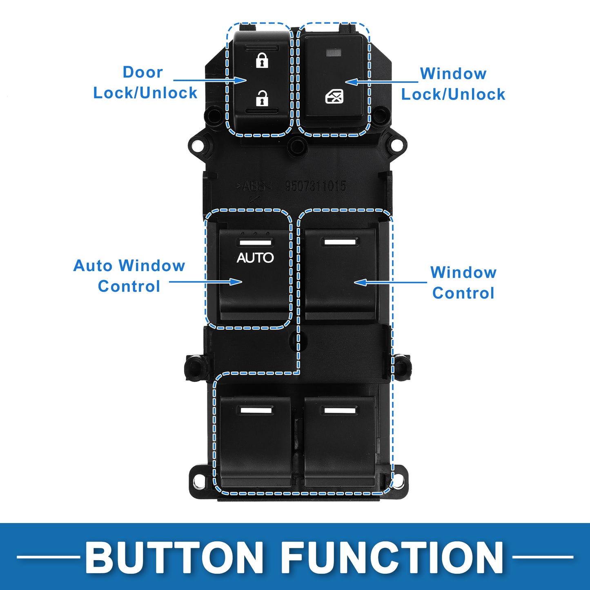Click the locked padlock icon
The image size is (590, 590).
(x=262, y=60)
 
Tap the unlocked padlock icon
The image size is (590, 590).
(x=262, y=98)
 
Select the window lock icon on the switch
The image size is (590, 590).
(x=334, y=97)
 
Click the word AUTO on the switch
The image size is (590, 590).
(x=255, y=258)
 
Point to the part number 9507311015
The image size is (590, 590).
(x=315, y=186)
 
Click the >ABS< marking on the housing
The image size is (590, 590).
(x=254, y=187)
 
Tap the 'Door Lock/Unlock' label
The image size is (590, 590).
(x=145, y=82)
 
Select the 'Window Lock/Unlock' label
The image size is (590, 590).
(x=453, y=84)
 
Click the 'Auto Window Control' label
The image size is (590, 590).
(x=129, y=276)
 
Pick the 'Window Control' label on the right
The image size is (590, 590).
(x=463, y=283)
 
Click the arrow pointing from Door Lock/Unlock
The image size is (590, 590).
(x=210, y=80)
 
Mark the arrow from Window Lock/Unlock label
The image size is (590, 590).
(x=382, y=82)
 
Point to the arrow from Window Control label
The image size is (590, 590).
(x=390, y=282)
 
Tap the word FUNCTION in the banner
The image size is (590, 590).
(x=392, y=557)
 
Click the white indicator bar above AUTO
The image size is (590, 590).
(x=255, y=243)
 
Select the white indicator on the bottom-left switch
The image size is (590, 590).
(x=256, y=410)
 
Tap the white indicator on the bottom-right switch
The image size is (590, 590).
(x=340, y=410)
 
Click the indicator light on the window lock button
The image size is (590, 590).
(x=333, y=53)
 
